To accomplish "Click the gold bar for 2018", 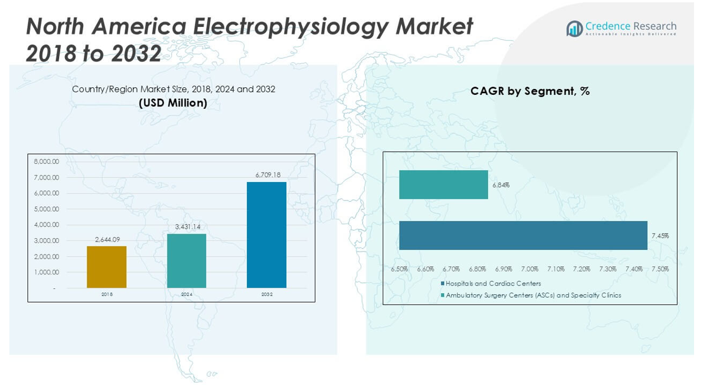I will click(x=107, y=267).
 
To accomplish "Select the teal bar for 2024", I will click(x=187, y=261).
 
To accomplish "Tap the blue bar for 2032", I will click(x=266, y=235).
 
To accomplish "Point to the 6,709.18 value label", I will click(x=268, y=175).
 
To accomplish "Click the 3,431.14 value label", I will click(x=187, y=226).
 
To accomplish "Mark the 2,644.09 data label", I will click(x=107, y=239).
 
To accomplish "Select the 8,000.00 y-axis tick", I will click(x=47, y=161).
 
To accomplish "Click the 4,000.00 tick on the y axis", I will click(x=47, y=225).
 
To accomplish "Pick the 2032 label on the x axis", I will click(x=267, y=294).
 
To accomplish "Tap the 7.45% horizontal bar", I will click(x=523, y=235).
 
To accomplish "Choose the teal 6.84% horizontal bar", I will click(x=444, y=184).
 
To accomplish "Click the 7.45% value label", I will click(x=660, y=236).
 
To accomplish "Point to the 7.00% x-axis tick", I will click(x=530, y=269).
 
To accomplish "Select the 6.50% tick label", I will click(x=400, y=269).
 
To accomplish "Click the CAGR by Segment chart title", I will click(x=530, y=91).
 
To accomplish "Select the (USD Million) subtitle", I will click(x=173, y=103).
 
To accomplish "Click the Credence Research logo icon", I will click(x=574, y=28).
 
